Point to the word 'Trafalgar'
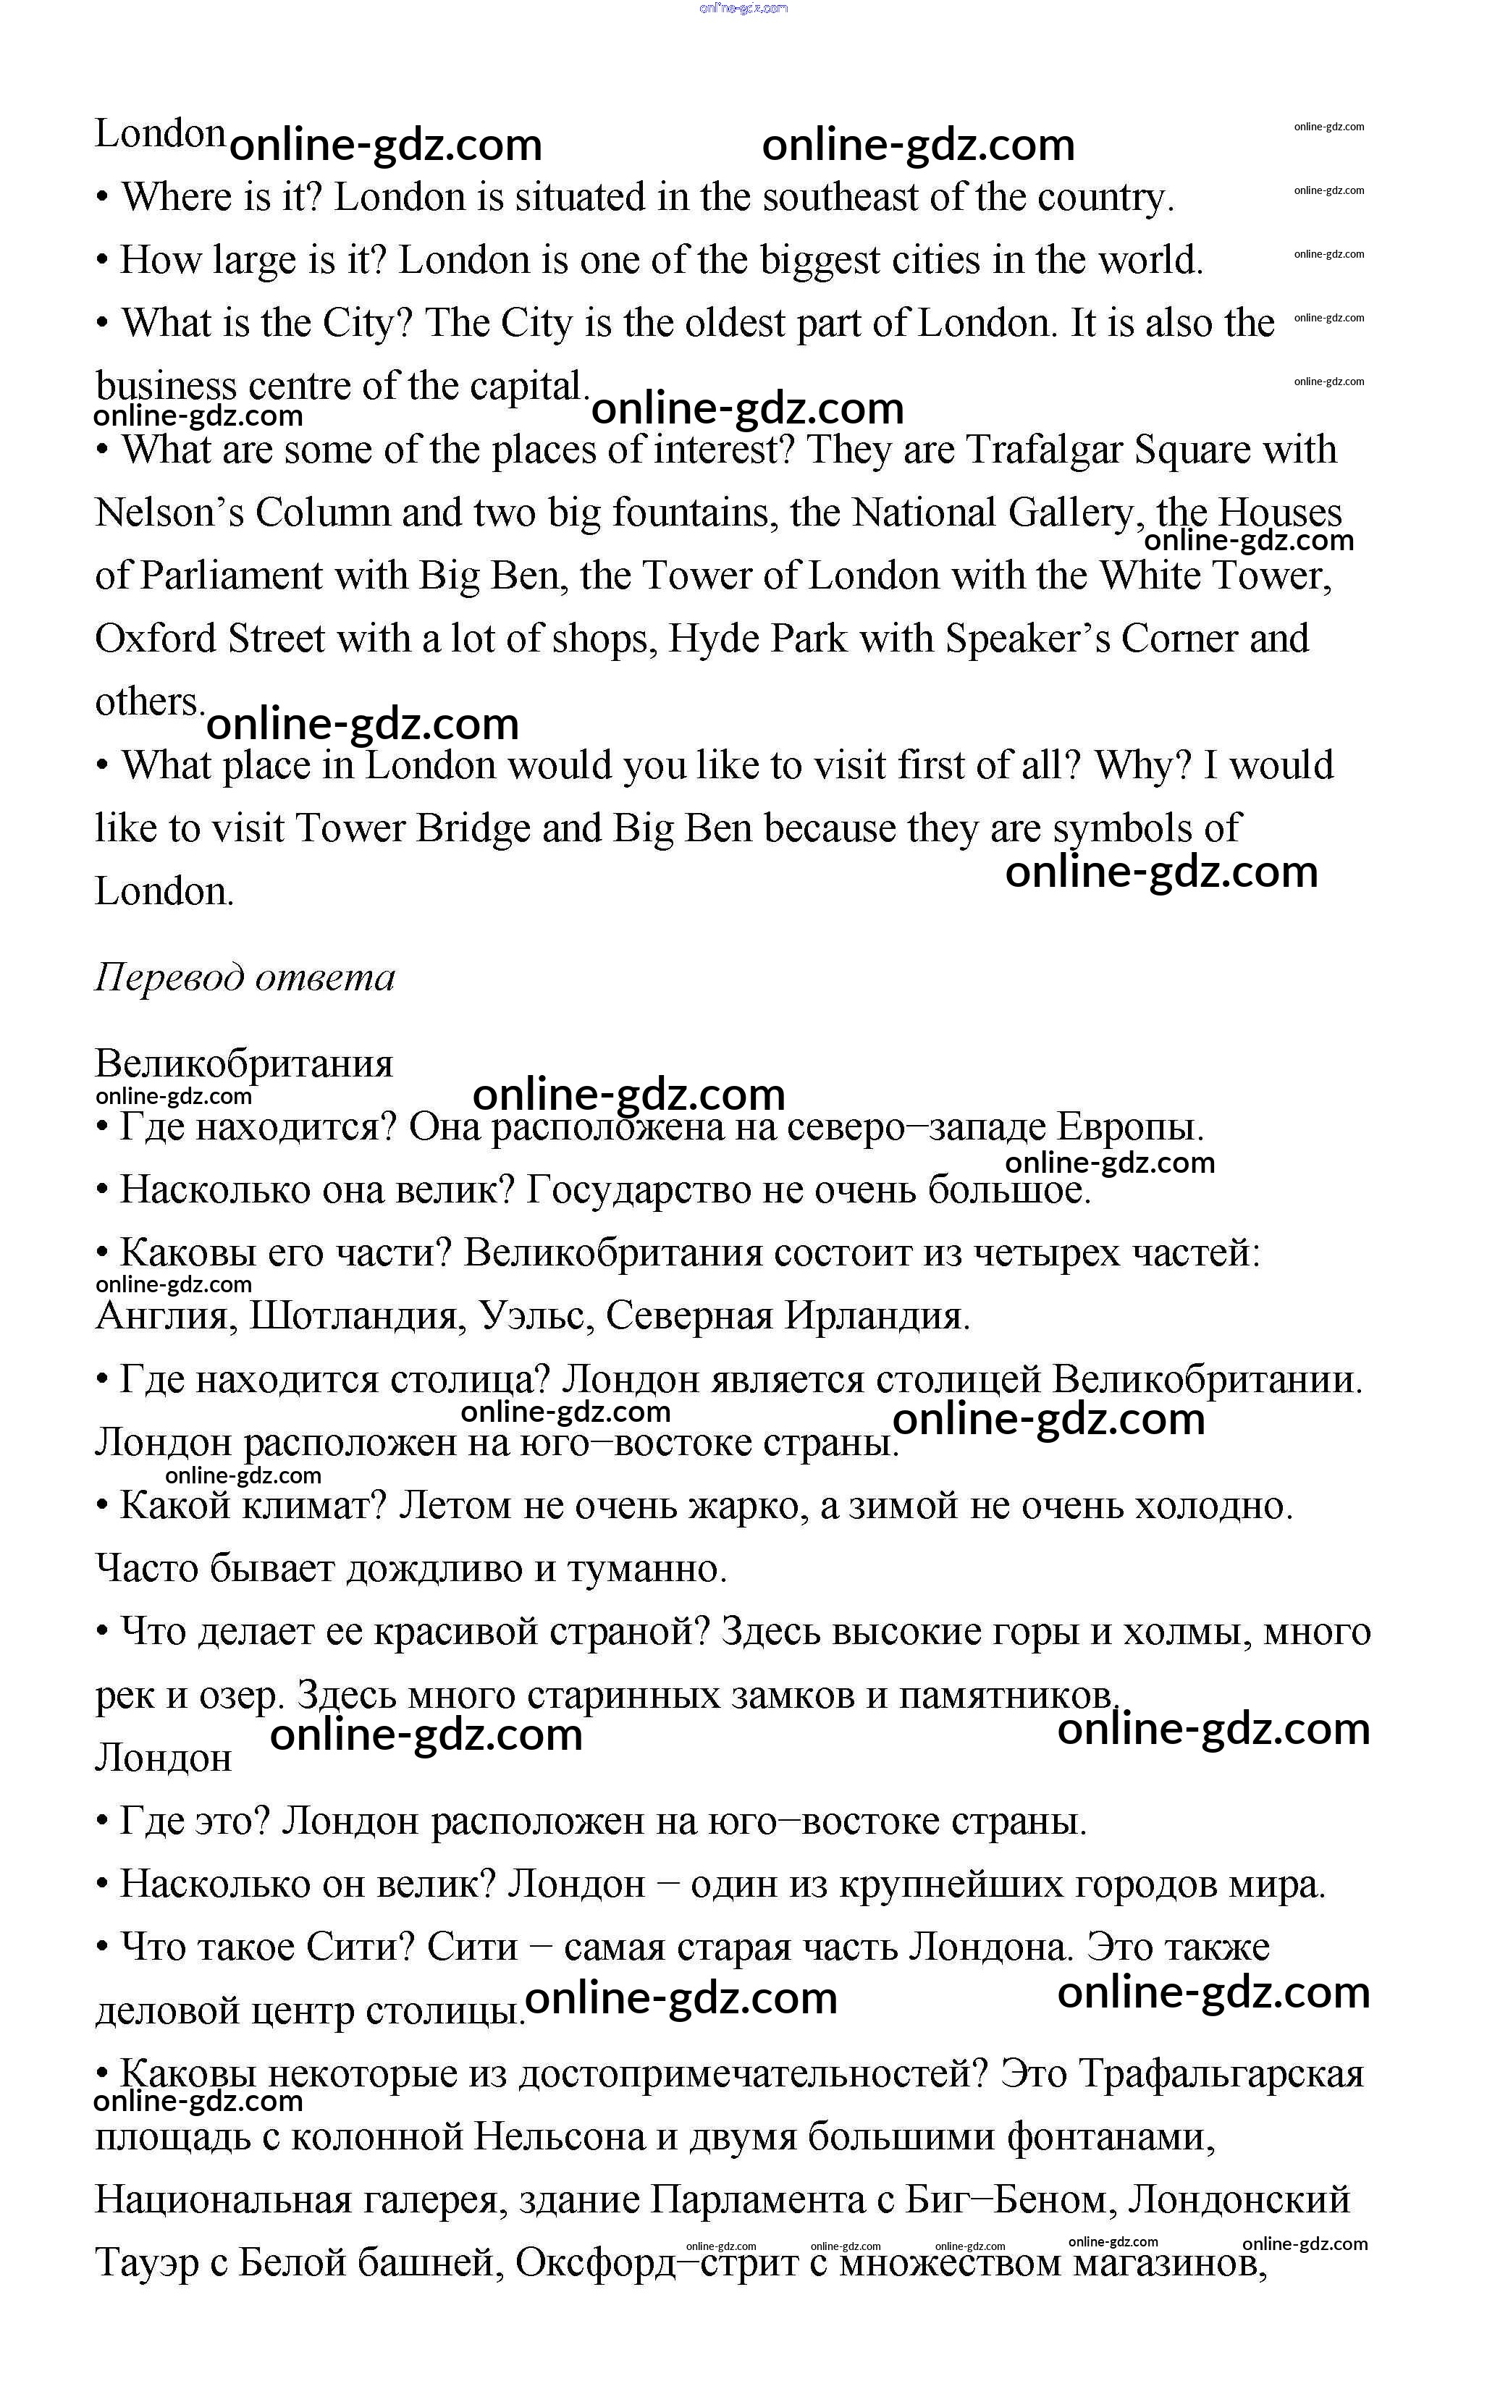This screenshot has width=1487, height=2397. (1043, 450)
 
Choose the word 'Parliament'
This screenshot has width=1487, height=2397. (231, 576)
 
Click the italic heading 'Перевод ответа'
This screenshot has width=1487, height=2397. (245, 977)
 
